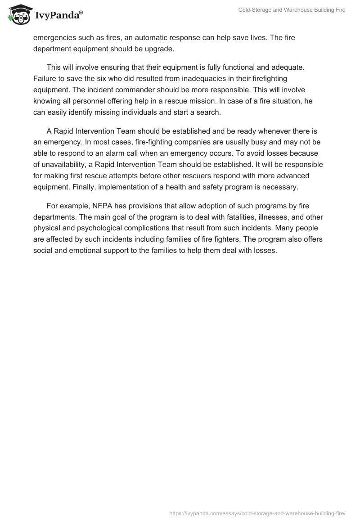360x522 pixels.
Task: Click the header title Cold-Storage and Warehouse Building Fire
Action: (x=292, y=10)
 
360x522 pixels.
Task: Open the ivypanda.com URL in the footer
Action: (x=257, y=513)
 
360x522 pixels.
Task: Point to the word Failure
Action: (x=44, y=78)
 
